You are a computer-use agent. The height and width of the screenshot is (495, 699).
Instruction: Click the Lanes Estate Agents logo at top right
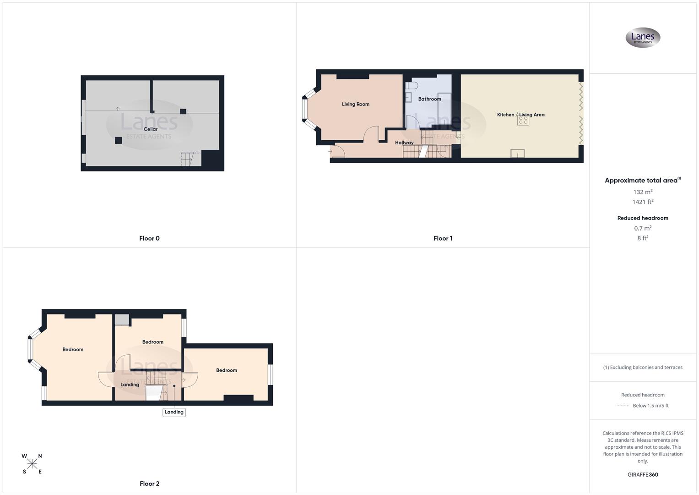tap(643, 38)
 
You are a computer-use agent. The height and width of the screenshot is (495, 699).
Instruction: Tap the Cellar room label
tap(151, 129)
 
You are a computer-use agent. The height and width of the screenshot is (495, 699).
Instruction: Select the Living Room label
tap(355, 104)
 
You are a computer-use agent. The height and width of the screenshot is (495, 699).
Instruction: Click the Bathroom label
tap(429, 99)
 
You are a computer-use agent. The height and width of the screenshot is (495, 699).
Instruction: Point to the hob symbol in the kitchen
tap(523, 121)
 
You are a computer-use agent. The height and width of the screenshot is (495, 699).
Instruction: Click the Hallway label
tap(404, 143)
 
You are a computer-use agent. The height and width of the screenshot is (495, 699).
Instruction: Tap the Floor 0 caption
tap(149, 238)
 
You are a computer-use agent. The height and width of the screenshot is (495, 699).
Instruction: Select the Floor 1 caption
tap(443, 238)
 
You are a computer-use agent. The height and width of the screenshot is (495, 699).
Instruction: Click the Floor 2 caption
tap(149, 484)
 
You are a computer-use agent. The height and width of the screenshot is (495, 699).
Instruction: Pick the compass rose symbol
tap(32, 464)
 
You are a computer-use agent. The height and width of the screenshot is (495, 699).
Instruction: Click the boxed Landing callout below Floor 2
tap(174, 412)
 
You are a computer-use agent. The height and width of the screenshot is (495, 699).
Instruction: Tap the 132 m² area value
tap(643, 192)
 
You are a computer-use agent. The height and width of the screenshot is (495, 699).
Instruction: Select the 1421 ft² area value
tap(643, 202)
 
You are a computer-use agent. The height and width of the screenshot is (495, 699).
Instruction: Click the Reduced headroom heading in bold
tap(643, 218)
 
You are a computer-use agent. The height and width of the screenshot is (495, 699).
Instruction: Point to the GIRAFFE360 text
tap(643, 475)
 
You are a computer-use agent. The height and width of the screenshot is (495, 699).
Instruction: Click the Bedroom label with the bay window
tap(73, 350)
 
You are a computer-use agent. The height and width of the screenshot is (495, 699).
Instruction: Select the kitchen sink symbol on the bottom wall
tap(517, 154)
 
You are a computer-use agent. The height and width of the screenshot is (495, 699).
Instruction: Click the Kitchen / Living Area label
tap(520, 115)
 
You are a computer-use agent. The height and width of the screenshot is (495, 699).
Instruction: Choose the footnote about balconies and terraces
tap(643, 368)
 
